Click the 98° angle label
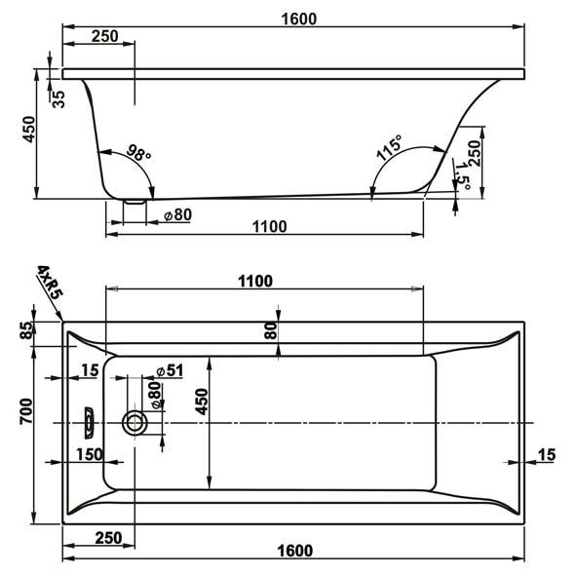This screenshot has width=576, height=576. pyautogui.click(x=138, y=153)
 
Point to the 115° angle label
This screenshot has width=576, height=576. pyautogui.click(x=389, y=148)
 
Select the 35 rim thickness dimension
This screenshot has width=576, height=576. pyautogui.click(x=58, y=98)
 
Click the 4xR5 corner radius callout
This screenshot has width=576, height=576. pyautogui.click(x=50, y=283)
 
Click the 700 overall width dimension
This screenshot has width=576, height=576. pyautogui.click(x=26, y=411)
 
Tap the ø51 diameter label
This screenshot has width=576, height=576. pyautogui.click(x=170, y=371)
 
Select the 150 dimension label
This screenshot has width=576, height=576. pyautogui.click(x=90, y=454)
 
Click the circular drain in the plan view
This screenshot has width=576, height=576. pyautogui.click(x=134, y=422)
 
